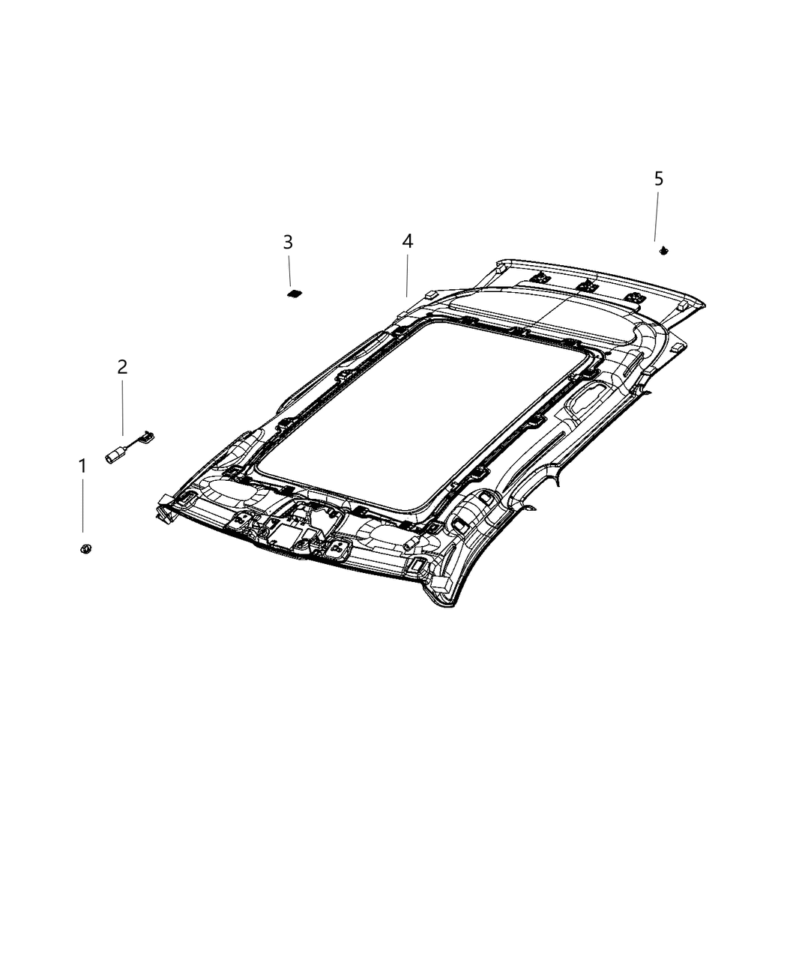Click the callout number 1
82,467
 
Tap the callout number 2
122,367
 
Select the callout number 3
288,242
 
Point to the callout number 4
407,241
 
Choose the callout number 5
659,179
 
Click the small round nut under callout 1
85,550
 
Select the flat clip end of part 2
150,433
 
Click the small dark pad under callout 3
294,292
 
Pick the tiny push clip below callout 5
663,251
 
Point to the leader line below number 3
289,270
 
